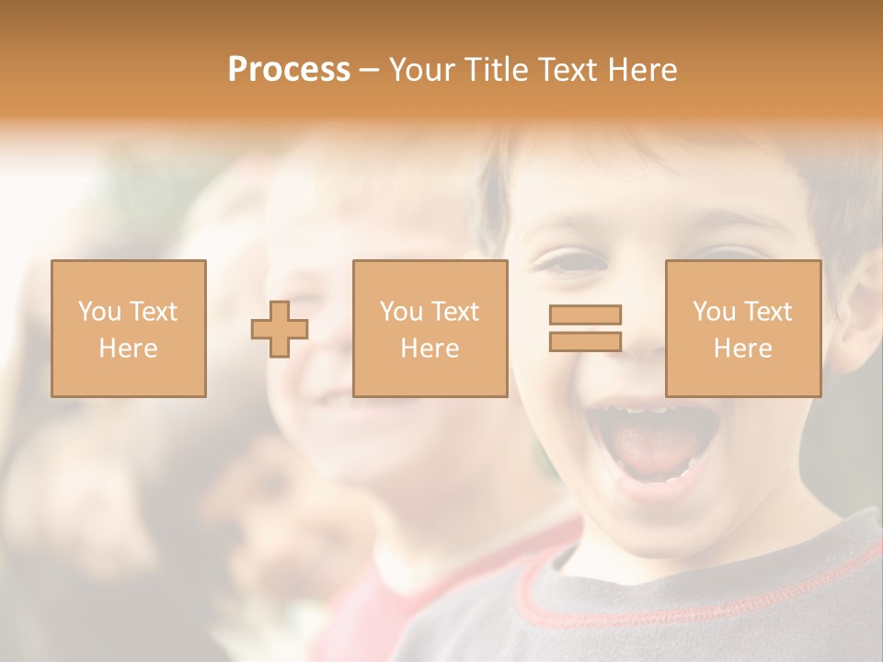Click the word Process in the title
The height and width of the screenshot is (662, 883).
pyautogui.click(x=289, y=70)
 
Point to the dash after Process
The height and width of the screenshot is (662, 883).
pyautogui.click(x=370, y=71)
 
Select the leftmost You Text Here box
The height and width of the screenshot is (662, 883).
pyautogui.click(x=128, y=328)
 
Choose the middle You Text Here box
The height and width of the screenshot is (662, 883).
pyautogui.click(x=430, y=328)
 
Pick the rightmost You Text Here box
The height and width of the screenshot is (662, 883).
pyautogui.click(x=742, y=328)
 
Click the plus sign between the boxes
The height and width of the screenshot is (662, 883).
pyautogui.click(x=280, y=329)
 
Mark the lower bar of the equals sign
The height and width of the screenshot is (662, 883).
pyautogui.click(x=585, y=341)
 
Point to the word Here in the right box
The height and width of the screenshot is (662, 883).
pyautogui.click(x=742, y=348)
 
